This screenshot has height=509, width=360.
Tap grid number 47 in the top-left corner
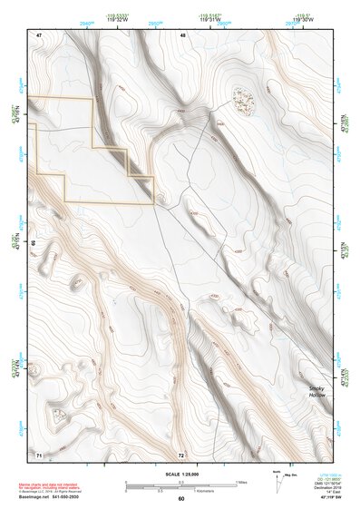[x=38, y=34]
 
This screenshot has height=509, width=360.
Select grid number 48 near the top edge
[x=182, y=34]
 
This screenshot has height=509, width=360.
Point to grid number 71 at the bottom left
[x=38, y=454]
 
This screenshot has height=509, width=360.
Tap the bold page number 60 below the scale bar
[x=180, y=498]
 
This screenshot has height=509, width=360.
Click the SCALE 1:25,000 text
[x=180, y=474]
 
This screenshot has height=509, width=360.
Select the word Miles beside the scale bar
[x=240, y=481]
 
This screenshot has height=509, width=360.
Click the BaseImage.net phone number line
[x=51, y=497]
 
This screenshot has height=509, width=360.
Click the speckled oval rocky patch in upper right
[x=242, y=100]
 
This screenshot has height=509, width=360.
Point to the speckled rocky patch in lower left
[x=59, y=416]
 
